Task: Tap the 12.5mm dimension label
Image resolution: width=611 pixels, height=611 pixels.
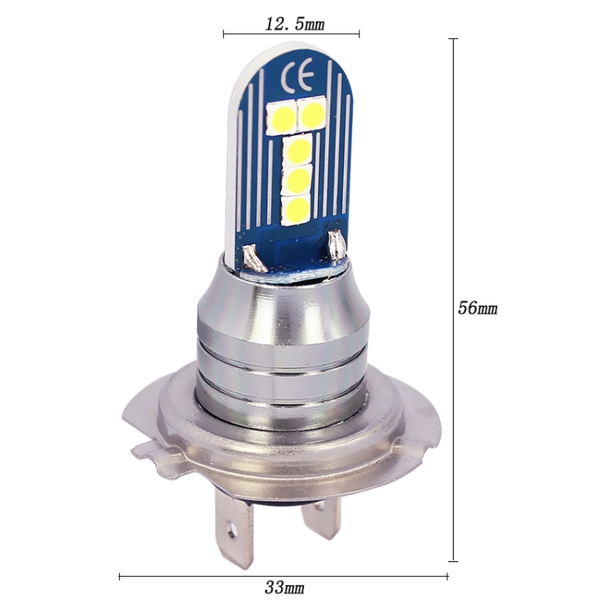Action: (x=294, y=24)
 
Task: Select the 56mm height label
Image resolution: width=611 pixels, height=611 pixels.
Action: (x=477, y=309)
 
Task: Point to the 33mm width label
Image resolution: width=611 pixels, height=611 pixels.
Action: (x=284, y=587)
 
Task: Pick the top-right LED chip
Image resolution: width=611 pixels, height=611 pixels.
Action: (x=312, y=112)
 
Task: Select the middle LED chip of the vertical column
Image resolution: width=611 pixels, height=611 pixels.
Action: (x=299, y=178)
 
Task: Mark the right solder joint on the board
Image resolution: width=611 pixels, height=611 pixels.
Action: (x=335, y=244)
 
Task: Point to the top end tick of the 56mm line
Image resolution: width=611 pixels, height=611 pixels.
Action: (x=453, y=38)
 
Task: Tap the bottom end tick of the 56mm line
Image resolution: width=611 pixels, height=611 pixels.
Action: (x=453, y=560)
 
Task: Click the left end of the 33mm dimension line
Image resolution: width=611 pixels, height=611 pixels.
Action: (x=120, y=577)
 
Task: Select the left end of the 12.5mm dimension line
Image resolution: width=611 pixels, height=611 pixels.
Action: (x=223, y=34)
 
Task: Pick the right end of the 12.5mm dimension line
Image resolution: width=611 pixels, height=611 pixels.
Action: (x=359, y=34)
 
